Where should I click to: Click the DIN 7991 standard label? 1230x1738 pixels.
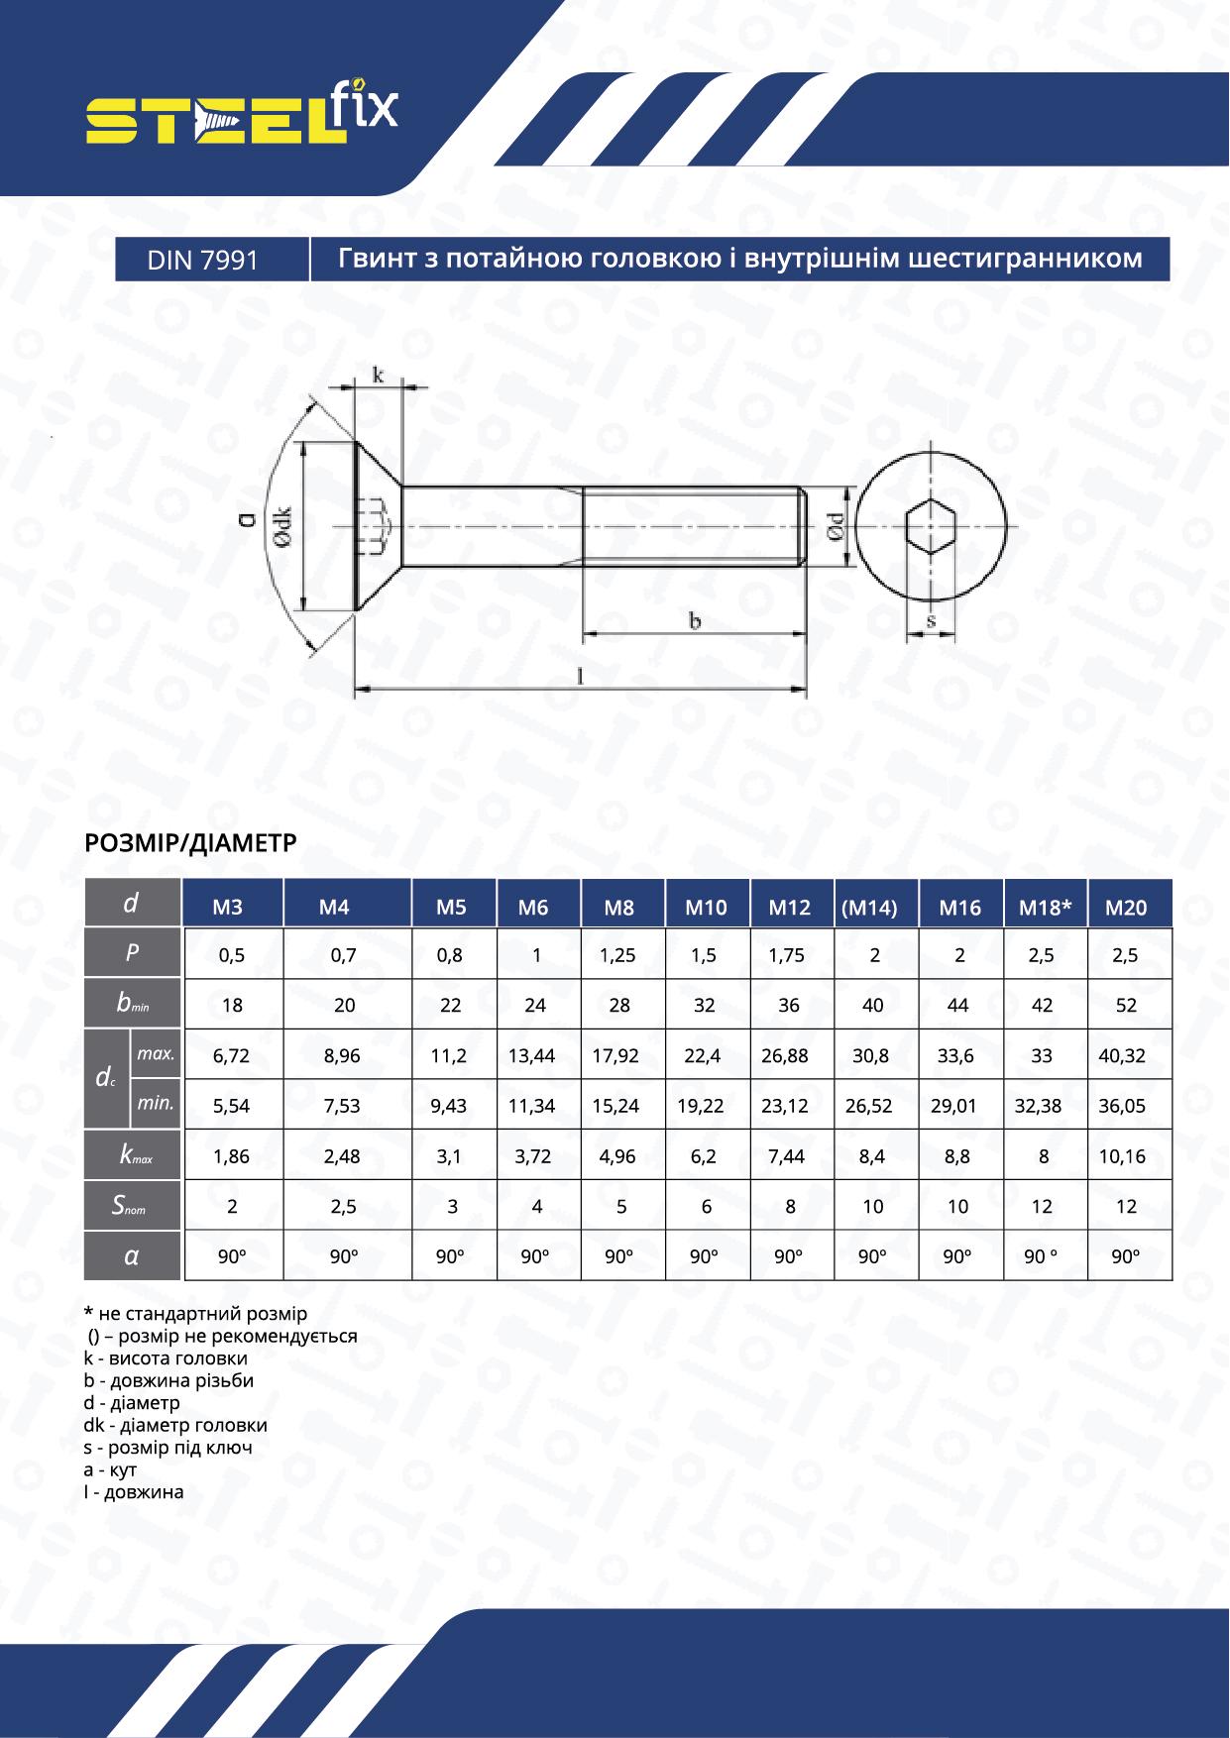coord(202,260)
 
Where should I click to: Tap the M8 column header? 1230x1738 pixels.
coord(618,907)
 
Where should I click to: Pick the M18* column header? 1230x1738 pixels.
coord(1044,907)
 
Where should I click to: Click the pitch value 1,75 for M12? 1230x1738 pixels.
coord(787,956)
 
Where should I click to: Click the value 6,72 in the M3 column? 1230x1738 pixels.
coord(231,1056)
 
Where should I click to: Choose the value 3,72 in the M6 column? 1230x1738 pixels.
coord(533,1156)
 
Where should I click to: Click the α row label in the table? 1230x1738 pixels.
coord(131,1256)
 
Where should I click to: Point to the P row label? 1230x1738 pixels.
coord(132,953)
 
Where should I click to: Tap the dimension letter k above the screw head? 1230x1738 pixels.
coord(378,375)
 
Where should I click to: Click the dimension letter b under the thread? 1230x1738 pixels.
coord(695,621)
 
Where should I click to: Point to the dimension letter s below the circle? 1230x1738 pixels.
coord(931,620)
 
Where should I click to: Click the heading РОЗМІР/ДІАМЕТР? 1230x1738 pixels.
coord(191,842)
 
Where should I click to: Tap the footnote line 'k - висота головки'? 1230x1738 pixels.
coord(167,1358)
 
